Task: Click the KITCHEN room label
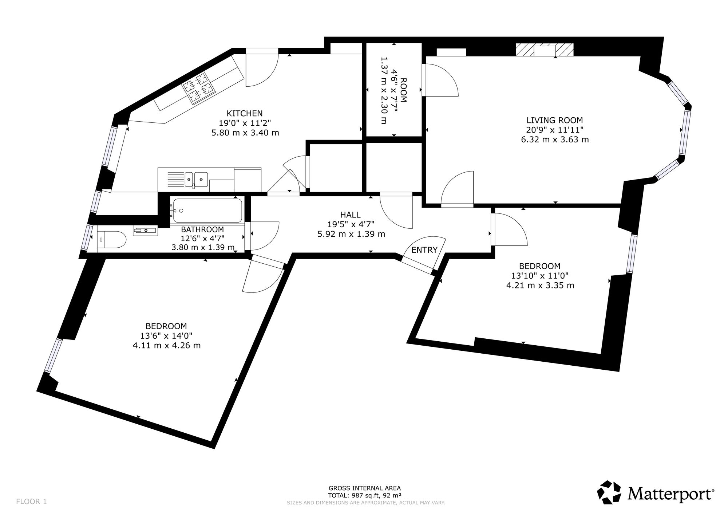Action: pos(245,113)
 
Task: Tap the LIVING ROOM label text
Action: pos(555,120)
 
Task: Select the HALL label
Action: pos(351,215)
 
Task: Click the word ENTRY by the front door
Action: pos(424,250)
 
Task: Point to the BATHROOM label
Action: pos(202,229)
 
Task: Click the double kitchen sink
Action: pos(196,179)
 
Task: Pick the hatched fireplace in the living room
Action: pos(545,50)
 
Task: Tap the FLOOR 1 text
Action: pos(32,502)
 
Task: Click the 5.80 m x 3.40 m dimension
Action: pos(245,133)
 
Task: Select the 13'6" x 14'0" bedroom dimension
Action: pos(166,335)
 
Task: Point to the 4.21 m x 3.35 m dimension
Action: pos(540,285)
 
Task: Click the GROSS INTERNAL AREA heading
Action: pos(365,488)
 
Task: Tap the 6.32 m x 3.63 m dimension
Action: pos(555,139)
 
